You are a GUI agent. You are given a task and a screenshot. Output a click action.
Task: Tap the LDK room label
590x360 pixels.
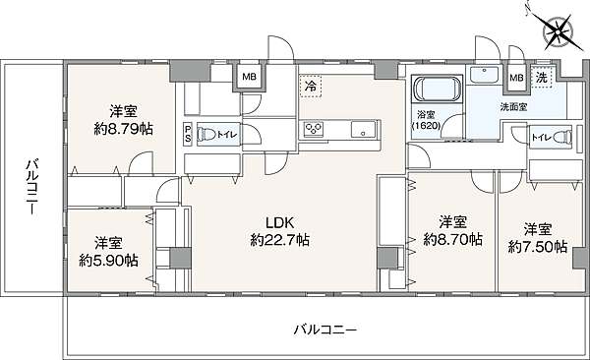pyautogui.click(x=279, y=223)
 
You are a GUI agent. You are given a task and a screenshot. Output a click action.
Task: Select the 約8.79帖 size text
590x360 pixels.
pyautogui.click(x=123, y=129)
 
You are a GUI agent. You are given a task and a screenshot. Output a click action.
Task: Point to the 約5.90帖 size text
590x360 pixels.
pyautogui.click(x=108, y=261)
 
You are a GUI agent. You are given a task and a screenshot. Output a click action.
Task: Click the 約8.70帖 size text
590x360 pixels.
pyautogui.click(x=452, y=239)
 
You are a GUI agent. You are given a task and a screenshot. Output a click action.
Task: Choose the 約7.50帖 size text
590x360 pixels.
pyautogui.click(x=537, y=247)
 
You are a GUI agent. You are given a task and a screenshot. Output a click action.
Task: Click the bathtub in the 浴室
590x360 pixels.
pyautogui.click(x=437, y=90)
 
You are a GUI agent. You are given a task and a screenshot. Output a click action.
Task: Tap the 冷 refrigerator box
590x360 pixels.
pyautogui.click(x=311, y=87)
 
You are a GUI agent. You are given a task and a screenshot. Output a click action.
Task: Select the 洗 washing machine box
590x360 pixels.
pyautogui.click(x=542, y=78)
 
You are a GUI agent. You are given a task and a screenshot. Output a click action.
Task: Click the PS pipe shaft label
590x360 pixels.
pyautogui.click(x=188, y=135)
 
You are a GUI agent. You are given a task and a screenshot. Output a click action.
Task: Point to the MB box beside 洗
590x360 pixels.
pyautogui.click(x=516, y=78)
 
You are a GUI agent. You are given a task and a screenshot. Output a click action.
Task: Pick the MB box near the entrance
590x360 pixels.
pyautogui.click(x=249, y=77)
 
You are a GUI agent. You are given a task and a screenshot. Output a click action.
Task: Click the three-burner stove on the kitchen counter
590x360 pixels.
pyautogui.click(x=314, y=129)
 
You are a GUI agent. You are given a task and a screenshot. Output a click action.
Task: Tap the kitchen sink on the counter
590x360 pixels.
pyautogui.click(x=363, y=129)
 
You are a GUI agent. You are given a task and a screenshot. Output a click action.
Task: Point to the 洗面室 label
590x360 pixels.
pyautogui.click(x=513, y=107)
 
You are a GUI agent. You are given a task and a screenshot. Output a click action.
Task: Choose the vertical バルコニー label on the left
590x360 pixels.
pyautogui.click(x=32, y=187)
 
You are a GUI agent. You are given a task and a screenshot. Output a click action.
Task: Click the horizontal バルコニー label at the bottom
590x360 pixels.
pyautogui.click(x=325, y=330)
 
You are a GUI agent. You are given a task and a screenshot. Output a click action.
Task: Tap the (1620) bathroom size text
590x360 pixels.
pyautogui.click(x=427, y=125)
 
